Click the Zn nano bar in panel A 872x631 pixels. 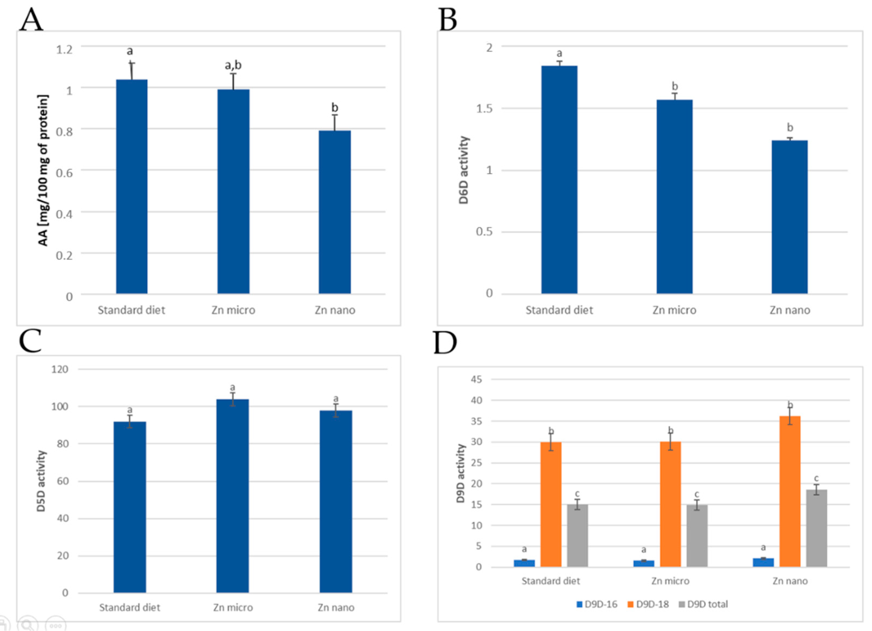[335, 212]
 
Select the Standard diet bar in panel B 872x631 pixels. [559, 180]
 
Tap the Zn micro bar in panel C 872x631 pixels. [233, 496]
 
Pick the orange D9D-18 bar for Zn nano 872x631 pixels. [790, 491]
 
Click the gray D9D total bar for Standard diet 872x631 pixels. [577, 536]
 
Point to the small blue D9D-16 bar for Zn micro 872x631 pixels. [644, 563]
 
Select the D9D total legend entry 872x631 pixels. [703, 604]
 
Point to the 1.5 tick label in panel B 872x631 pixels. [484, 109]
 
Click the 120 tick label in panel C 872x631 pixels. [60, 369]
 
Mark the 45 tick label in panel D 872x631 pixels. [476, 380]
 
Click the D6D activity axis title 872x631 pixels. [464, 170]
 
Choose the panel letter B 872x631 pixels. [448, 19]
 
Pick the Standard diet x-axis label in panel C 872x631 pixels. [130, 607]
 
